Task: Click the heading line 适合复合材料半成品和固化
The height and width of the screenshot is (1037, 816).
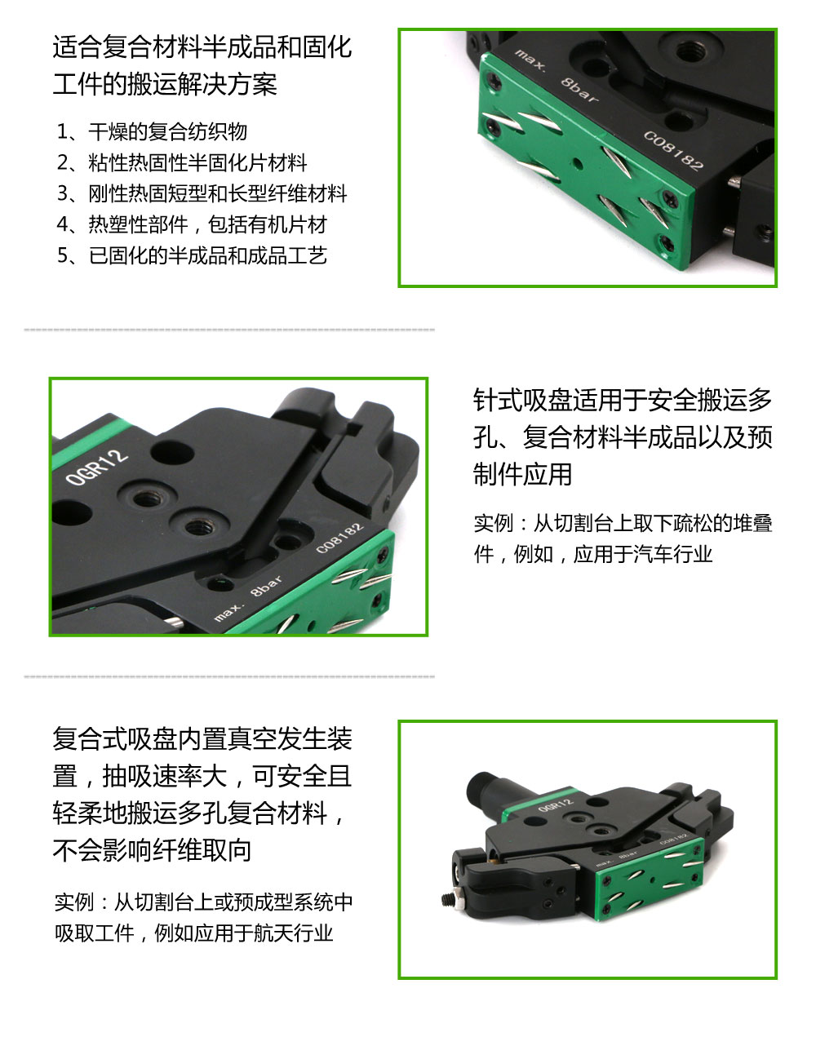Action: pyautogui.click(x=202, y=47)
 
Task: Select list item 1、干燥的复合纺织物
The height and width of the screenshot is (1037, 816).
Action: pyautogui.click(x=152, y=131)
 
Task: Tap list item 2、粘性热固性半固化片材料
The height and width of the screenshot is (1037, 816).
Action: pyautogui.click(x=182, y=162)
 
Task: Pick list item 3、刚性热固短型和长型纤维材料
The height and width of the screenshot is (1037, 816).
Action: pyautogui.click(x=202, y=193)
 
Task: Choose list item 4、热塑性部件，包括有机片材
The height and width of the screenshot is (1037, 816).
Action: pyautogui.click(x=192, y=224)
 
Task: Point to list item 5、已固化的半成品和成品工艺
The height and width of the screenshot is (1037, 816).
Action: pyautogui.click(x=192, y=255)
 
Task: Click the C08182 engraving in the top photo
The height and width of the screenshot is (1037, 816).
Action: pyautogui.click(x=673, y=150)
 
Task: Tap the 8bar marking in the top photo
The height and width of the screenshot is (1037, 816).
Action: pyautogui.click(x=579, y=89)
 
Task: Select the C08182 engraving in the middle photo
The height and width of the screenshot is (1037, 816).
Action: pyautogui.click(x=339, y=538)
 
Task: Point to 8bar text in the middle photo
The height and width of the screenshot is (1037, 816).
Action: pyautogui.click(x=267, y=585)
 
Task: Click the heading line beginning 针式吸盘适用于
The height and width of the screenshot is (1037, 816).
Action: pyautogui.click(x=623, y=400)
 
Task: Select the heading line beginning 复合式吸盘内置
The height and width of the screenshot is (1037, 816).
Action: pyautogui.click(x=202, y=738)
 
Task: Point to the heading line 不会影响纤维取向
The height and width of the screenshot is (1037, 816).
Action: pyautogui.click(x=152, y=850)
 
